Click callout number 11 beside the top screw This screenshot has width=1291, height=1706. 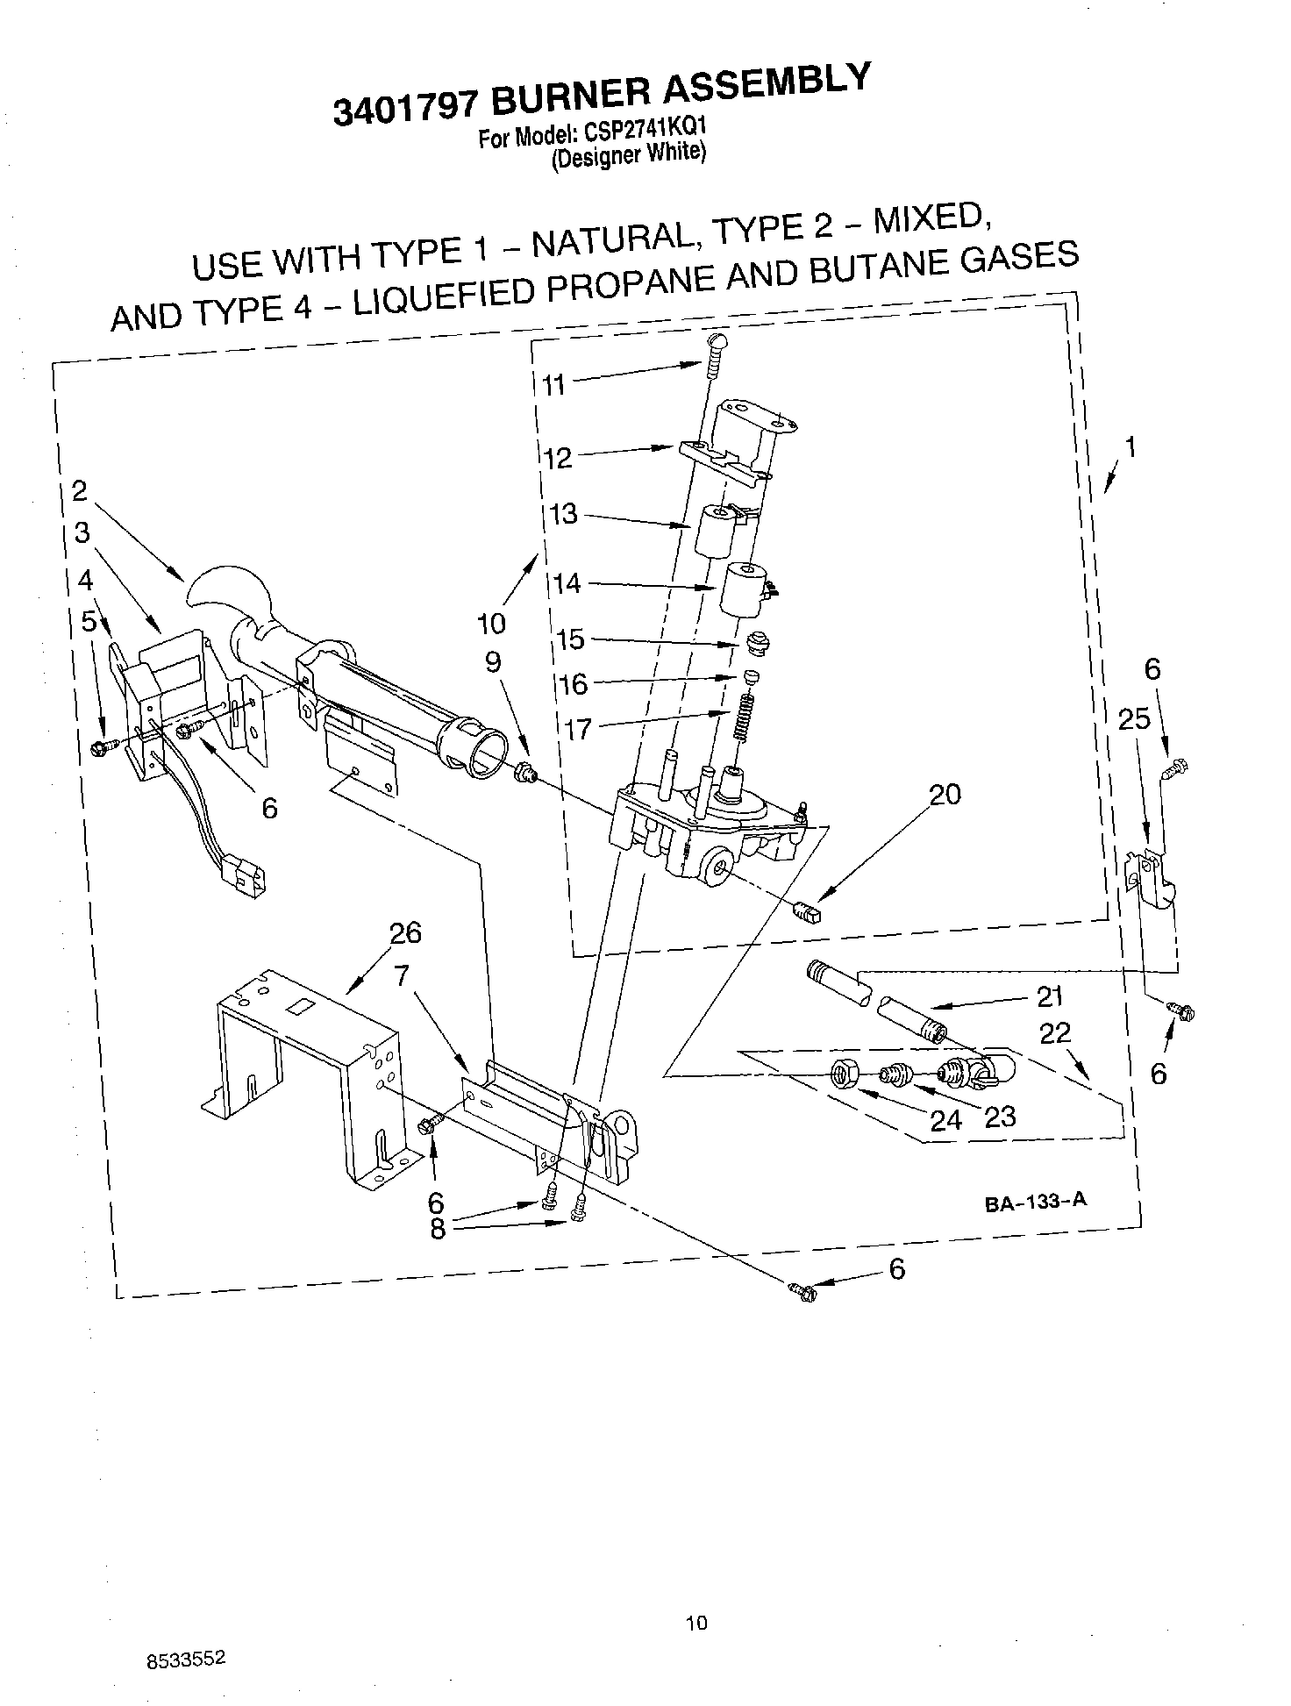pos(553,385)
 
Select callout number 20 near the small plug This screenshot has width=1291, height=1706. pos(945,795)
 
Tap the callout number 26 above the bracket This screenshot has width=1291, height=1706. pos(406,932)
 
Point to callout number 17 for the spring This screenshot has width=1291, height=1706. pos(578,729)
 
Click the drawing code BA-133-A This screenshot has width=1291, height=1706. pos(1035,1202)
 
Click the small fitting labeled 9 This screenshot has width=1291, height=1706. pos(526,773)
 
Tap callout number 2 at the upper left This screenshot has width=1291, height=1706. pos(80,491)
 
